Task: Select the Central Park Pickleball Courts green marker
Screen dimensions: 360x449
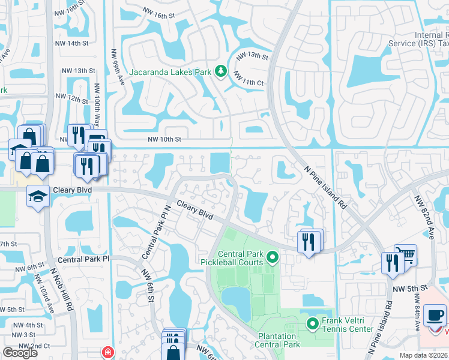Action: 272,258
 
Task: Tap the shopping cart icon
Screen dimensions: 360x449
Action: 406,254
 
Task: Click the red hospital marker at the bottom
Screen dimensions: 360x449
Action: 108,352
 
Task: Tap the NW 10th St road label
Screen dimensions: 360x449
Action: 164,139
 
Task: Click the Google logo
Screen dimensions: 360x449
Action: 20,352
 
